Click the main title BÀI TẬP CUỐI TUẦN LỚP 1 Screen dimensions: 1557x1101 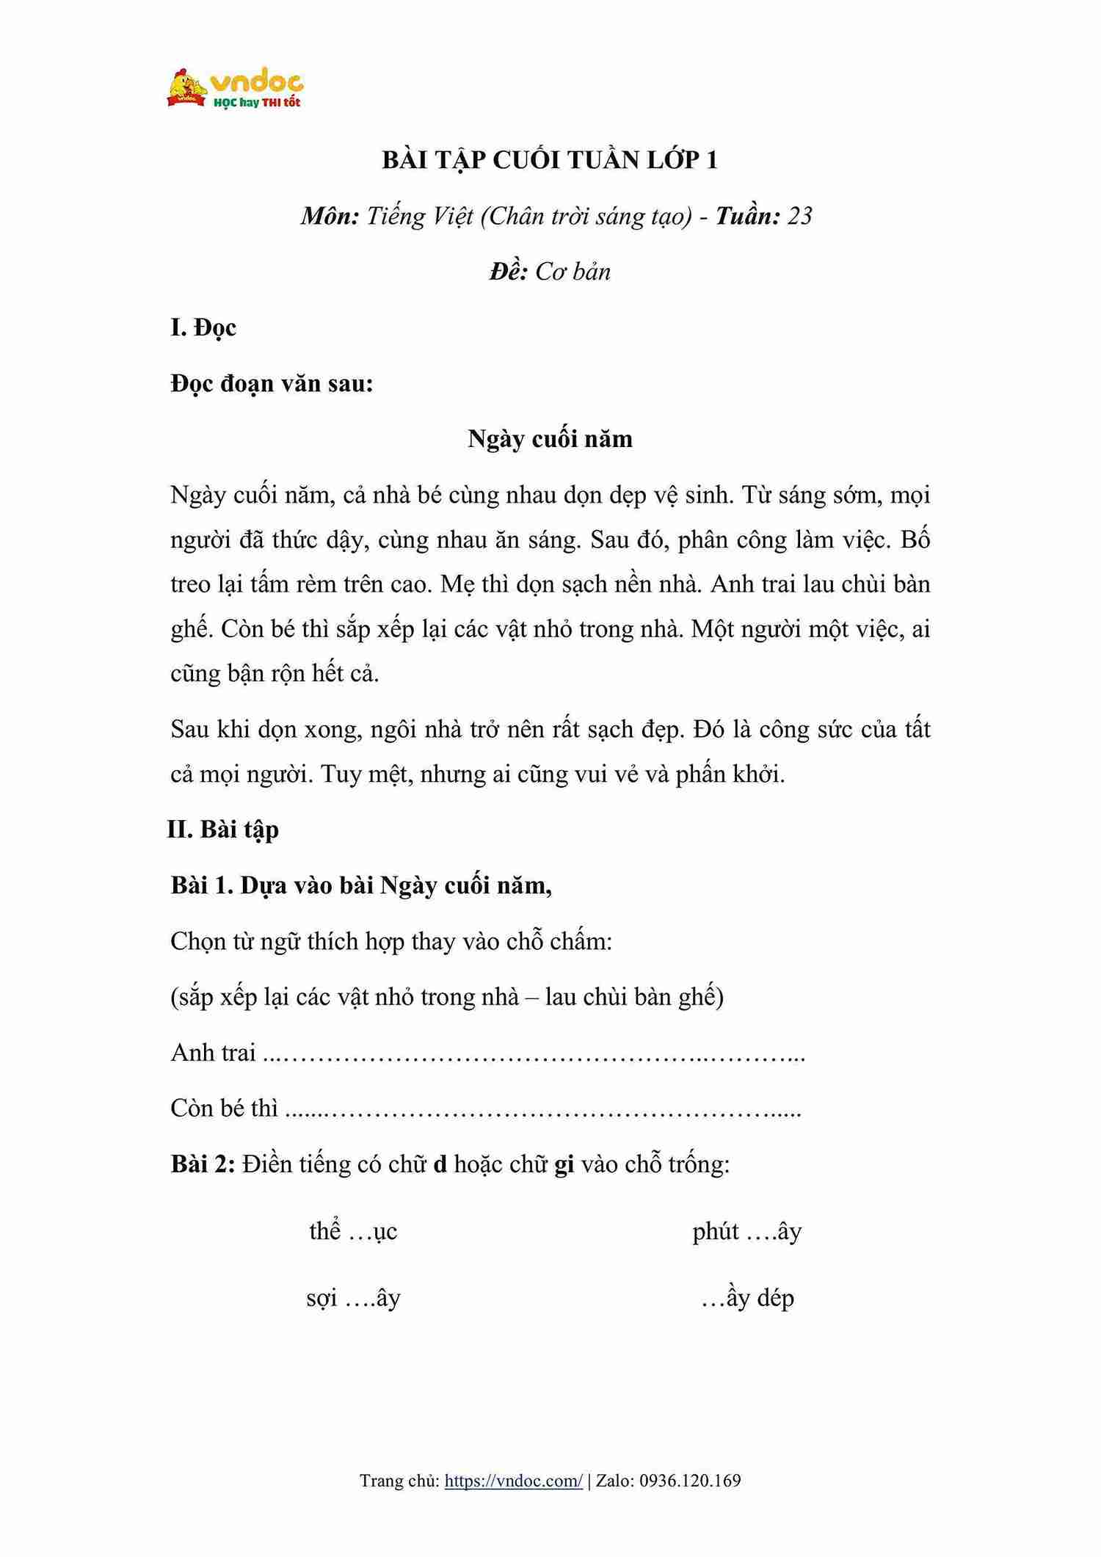pos(550,161)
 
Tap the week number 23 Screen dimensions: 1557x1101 pos(799,217)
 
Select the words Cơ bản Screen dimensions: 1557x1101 pos(573,272)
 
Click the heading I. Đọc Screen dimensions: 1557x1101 pos(203,327)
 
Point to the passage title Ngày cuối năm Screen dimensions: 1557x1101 pos(550,439)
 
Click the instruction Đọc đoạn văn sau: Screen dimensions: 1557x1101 pos(272,383)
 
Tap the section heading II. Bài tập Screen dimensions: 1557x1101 pos(223,830)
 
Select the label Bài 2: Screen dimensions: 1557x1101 pos(203,1164)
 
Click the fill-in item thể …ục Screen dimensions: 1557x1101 pos(353,1231)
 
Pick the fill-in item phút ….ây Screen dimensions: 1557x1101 pos(746,1231)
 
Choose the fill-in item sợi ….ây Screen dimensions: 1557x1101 pos(353,1298)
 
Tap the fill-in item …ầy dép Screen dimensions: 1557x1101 pos(747,1298)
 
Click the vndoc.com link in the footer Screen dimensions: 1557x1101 pos(514,1481)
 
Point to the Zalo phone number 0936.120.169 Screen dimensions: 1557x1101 pos(690,1481)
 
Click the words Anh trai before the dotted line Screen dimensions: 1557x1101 pos(213,1053)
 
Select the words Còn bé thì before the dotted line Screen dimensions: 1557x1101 pos(224,1108)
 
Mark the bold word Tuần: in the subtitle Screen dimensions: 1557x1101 pos(747,217)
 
